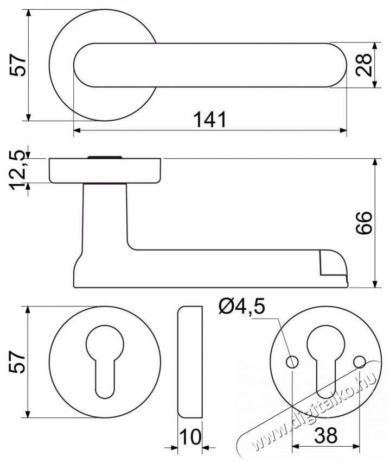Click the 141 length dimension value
(210, 120)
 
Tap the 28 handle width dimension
(364, 65)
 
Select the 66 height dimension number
(364, 223)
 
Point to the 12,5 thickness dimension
(18, 170)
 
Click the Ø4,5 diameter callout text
(242, 307)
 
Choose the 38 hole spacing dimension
(325, 435)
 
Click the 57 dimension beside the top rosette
(18, 65)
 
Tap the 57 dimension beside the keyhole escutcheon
(18, 362)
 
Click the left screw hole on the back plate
(292, 361)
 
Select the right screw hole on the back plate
(360, 362)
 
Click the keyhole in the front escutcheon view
(105, 361)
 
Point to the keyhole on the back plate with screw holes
(326, 361)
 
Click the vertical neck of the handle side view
(105, 218)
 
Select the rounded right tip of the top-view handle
(338, 65)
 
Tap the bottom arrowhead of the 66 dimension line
(375, 283)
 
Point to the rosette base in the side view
(105, 171)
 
